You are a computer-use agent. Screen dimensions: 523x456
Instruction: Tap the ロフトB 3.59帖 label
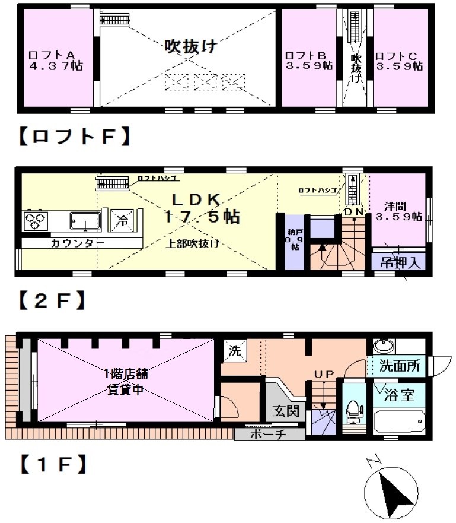(x=308, y=60)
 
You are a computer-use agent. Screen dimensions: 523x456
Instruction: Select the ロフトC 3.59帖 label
(x=398, y=60)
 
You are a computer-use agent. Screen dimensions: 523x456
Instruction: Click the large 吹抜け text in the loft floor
(x=190, y=46)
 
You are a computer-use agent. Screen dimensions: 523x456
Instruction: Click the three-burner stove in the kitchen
(x=36, y=221)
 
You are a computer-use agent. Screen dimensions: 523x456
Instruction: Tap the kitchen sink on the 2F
(x=84, y=221)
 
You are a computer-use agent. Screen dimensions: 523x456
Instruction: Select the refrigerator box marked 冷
(x=121, y=220)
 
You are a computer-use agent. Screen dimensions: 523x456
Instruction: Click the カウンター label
(x=78, y=243)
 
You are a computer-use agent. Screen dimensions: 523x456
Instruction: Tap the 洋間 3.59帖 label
(x=398, y=211)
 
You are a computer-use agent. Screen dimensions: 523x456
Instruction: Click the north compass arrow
(x=394, y=491)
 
